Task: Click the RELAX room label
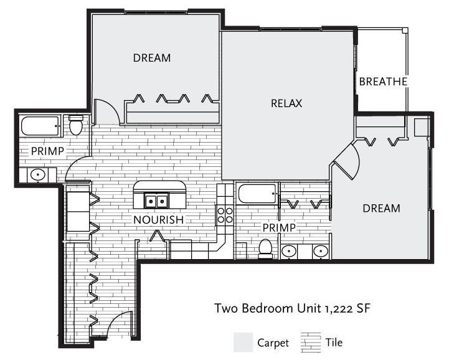tap(286, 103)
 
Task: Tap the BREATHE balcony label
tap(383, 82)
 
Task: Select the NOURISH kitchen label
tap(158, 220)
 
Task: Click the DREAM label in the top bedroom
tap(152, 58)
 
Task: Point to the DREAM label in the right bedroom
tap(381, 208)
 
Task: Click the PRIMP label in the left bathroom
tap(47, 151)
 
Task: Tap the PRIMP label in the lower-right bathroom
tap(279, 228)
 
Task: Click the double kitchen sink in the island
tap(156, 201)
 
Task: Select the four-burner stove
tap(225, 216)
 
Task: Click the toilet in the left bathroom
tap(76, 125)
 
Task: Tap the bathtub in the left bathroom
tap(40, 126)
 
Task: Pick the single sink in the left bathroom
tap(38, 174)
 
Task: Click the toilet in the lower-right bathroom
tap(265, 249)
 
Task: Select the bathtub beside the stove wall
tap(257, 194)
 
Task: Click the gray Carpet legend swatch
tap(243, 342)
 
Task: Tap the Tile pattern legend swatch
tap(311, 342)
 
